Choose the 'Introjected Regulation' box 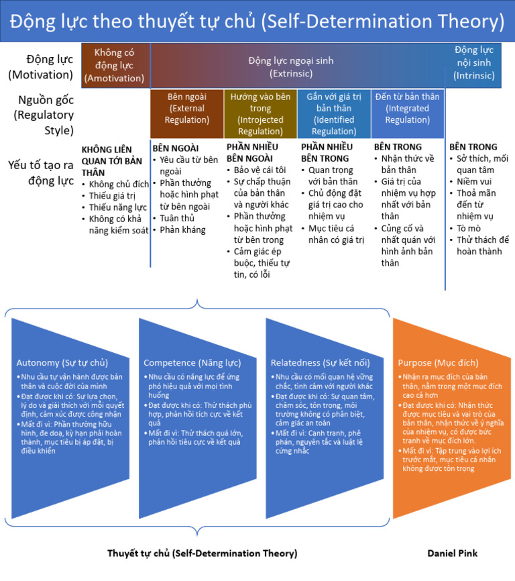tap(260, 113)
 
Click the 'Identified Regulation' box tap(333, 113)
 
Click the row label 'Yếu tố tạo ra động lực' tap(40, 171)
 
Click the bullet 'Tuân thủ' tap(178, 218)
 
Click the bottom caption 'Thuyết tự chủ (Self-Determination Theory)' tap(202, 553)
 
